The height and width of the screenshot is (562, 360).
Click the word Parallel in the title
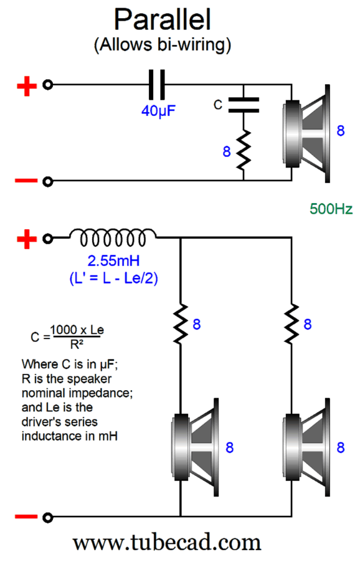(x=163, y=19)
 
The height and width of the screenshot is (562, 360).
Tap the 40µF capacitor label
(x=158, y=111)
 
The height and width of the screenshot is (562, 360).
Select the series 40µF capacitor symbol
(x=157, y=85)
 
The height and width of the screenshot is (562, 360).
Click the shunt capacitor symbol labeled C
(x=244, y=105)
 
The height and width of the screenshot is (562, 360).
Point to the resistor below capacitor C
(x=244, y=150)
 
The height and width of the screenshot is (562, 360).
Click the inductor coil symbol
(x=113, y=237)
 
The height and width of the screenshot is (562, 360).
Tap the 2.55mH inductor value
(x=113, y=260)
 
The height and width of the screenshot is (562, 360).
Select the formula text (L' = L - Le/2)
(x=113, y=279)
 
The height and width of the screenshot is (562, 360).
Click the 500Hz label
(x=331, y=209)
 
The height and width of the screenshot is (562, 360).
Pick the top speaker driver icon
(x=306, y=134)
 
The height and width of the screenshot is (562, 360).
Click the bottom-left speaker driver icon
(x=195, y=447)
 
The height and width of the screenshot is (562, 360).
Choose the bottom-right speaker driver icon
(x=306, y=447)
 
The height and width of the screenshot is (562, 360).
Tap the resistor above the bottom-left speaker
(x=181, y=323)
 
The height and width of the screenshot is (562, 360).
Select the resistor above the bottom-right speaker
(x=291, y=323)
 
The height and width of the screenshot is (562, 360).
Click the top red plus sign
(x=27, y=87)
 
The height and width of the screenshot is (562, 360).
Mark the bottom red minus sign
(x=26, y=517)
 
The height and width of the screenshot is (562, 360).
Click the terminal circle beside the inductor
(x=47, y=239)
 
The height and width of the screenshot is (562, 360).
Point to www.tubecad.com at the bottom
(x=167, y=543)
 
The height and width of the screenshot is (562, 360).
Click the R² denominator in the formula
(x=77, y=345)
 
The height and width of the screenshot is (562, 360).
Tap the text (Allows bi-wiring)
(x=163, y=45)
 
